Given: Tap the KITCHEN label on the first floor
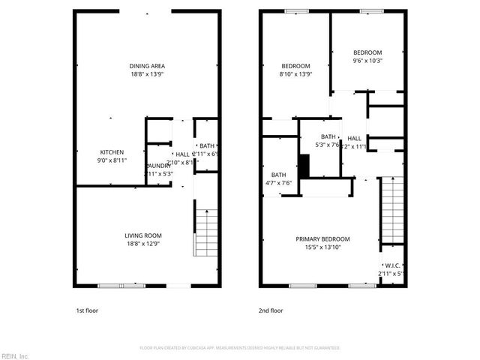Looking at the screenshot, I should tap(111, 151).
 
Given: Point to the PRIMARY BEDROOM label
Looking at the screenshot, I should tap(326, 239).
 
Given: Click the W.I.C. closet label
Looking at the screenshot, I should tap(392, 265).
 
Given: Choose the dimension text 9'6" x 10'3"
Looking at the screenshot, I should tap(367, 61).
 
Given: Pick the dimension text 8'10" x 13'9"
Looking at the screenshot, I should tap(295, 74).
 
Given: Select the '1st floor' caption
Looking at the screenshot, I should tap(86, 310).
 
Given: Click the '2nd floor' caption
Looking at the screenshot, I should tap(271, 310).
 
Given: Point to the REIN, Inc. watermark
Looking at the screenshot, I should tap(14, 355).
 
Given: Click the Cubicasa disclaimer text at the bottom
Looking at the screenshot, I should tap(240, 348).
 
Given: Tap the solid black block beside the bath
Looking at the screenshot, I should tap(304, 166).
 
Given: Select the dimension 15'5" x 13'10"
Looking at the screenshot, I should tap(326, 247).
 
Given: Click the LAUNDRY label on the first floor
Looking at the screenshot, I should tap(158, 166).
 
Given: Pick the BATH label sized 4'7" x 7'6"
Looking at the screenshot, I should tap(279, 175).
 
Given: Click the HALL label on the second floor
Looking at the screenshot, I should tap(355, 138).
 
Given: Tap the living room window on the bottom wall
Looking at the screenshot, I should tap(121, 286).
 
